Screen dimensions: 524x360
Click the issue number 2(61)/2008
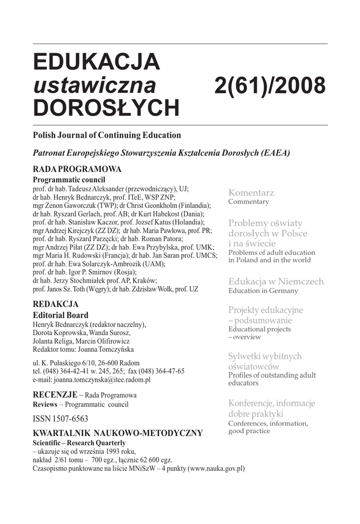[x=270, y=85]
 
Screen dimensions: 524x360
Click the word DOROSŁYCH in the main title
[x=106, y=108]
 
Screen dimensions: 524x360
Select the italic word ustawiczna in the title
[x=94, y=85]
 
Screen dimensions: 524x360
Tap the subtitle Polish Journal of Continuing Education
[x=107, y=136]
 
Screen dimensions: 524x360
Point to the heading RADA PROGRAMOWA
[x=77, y=169]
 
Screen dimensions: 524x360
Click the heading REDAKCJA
[x=55, y=304]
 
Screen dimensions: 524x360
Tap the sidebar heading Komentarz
[x=251, y=193]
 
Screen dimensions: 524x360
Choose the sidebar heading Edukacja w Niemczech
[x=276, y=281]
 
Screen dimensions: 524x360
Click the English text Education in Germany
[x=263, y=291]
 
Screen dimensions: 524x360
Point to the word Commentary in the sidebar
[x=248, y=202]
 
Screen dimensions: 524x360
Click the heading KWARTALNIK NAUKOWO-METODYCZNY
[x=118, y=433]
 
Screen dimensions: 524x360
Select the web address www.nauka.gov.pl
[x=216, y=469]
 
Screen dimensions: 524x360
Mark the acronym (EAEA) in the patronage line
[x=275, y=152]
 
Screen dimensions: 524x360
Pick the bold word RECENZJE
[x=55, y=395]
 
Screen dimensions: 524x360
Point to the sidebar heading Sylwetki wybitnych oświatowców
[x=265, y=361]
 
